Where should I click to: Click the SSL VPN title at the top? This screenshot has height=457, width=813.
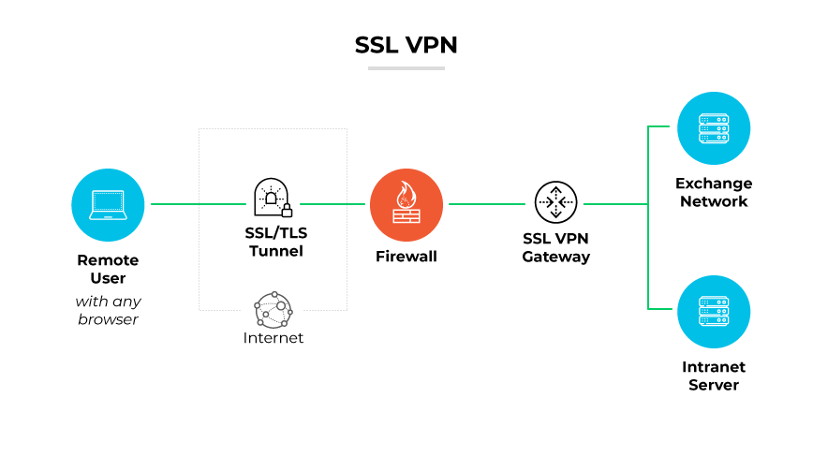click(x=406, y=45)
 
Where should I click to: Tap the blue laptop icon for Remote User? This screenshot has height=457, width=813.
click(x=108, y=203)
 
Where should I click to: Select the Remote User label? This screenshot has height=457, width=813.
click(x=108, y=269)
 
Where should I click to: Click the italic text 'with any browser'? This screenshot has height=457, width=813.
click(x=108, y=310)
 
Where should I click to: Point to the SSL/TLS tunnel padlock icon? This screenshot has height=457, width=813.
click(x=273, y=198)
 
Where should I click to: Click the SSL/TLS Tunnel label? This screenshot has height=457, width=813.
click(x=273, y=243)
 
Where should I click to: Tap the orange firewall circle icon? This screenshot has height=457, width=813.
click(x=406, y=203)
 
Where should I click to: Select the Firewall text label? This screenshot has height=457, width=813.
click(x=406, y=256)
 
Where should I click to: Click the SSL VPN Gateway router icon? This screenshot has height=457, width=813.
click(x=555, y=203)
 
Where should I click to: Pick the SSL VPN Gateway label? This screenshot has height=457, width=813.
click(x=555, y=248)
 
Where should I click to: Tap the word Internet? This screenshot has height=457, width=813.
click(x=273, y=338)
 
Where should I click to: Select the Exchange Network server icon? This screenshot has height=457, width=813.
click(x=713, y=128)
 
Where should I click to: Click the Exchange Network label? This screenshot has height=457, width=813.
click(x=713, y=192)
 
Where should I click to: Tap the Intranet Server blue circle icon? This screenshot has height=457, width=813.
click(x=713, y=312)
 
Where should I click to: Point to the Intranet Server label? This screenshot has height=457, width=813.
click(x=713, y=376)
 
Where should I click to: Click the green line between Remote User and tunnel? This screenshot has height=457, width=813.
click(x=197, y=203)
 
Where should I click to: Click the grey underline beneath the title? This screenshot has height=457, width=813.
click(x=406, y=68)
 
